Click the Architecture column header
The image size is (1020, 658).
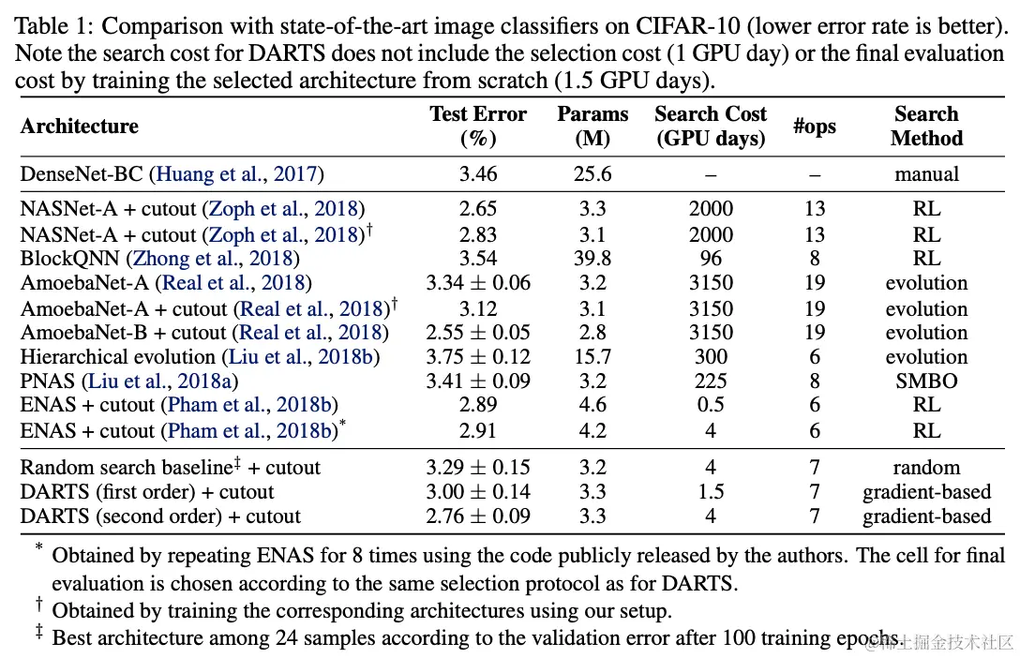pyautogui.click(x=80, y=127)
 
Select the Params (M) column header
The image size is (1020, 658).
pyautogui.click(x=592, y=127)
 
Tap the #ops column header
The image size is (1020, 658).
pyautogui.click(x=814, y=127)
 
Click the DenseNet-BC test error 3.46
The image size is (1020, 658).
pyautogui.click(x=478, y=174)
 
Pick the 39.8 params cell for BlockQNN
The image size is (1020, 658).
pyautogui.click(x=592, y=258)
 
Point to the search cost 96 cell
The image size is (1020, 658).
pyautogui.click(x=711, y=258)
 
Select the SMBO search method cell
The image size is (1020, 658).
pyautogui.click(x=926, y=381)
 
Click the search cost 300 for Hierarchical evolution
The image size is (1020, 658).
pyautogui.click(x=711, y=356)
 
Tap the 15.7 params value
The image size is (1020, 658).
pyautogui.click(x=592, y=356)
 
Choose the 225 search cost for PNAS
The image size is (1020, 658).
pyautogui.click(x=711, y=381)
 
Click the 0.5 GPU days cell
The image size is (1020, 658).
pyautogui.click(x=711, y=405)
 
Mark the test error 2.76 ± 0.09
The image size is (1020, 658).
pyautogui.click(x=478, y=516)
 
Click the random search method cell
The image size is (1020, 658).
pyautogui.click(x=926, y=468)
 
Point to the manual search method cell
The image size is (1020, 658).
pyautogui.click(x=926, y=174)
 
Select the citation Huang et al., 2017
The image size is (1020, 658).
pyautogui.click(x=239, y=174)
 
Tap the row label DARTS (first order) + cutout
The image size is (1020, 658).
pyautogui.click(x=147, y=492)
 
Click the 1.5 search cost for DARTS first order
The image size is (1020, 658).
pyautogui.click(x=711, y=492)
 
